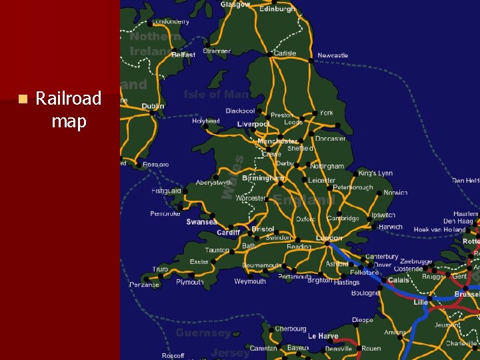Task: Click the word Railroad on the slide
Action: (x=68, y=99)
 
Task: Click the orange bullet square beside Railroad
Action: (x=22, y=99)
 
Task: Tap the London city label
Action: (x=329, y=238)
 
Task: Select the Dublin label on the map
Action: (x=153, y=107)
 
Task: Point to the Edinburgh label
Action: (x=277, y=9)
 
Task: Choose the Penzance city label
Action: (x=144, y=285)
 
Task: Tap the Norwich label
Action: (x=395, y=193)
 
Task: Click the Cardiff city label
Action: (x=229, y=233)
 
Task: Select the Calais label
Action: (x=399, y=280)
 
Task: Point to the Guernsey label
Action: (x=203, y=332)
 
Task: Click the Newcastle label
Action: (x=333, y=55)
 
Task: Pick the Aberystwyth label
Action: (x=214, y=183)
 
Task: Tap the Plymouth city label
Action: (x=190, y=282)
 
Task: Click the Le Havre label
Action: (x=323, y=336)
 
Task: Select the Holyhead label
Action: (x=205, y=121)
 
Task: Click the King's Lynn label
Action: (x=375, y=173)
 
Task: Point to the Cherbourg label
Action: (x=291, y=329)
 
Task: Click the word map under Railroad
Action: (x=69, y=122)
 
